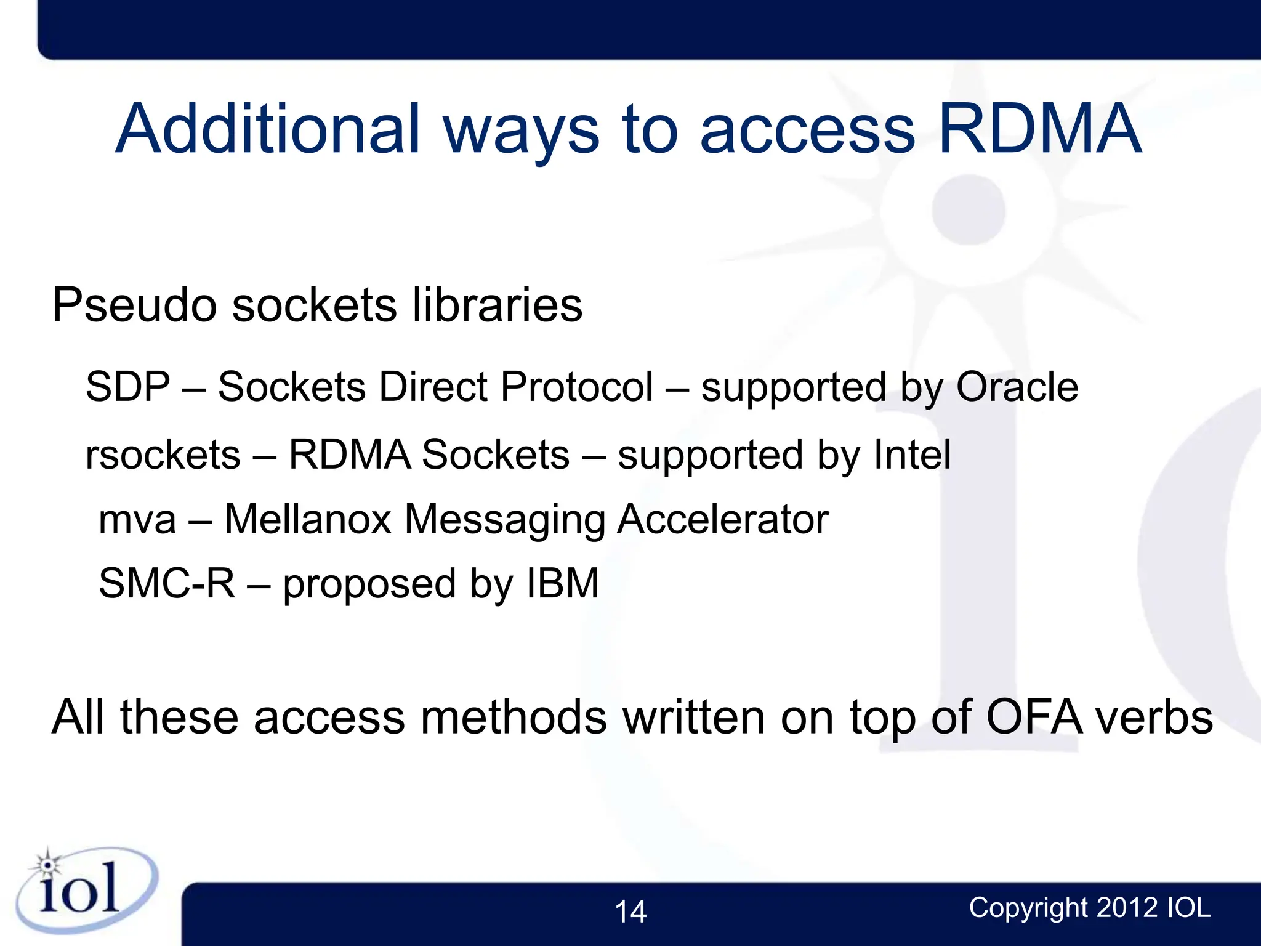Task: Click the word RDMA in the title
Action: pyautogui.click(x=1040, y=129)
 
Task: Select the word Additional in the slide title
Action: pyautogui.click(x=268, y=129)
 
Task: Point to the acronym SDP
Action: pyautogui.click(x=127, y=387)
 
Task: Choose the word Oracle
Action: pyautogui.click(x=1017, y=387)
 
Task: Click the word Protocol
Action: pyautogui.click(x=577, y=387)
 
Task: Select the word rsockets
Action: pyautogui.click(x=163, y=455)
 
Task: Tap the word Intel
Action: pyautogui.click(x=913, y=455)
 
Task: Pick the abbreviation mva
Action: pyautogui.click(x=137, y=520)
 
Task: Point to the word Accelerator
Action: pyautogui.click(x=723, y=520)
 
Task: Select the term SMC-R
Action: pyautogui.click(x=167, y=584)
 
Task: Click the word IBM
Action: pyautogui.click(x=563, y=584)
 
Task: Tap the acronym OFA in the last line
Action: pyautogui.click(x=1034, y=718)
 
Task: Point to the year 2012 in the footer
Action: pyautogui.click(x=1127, y=908)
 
